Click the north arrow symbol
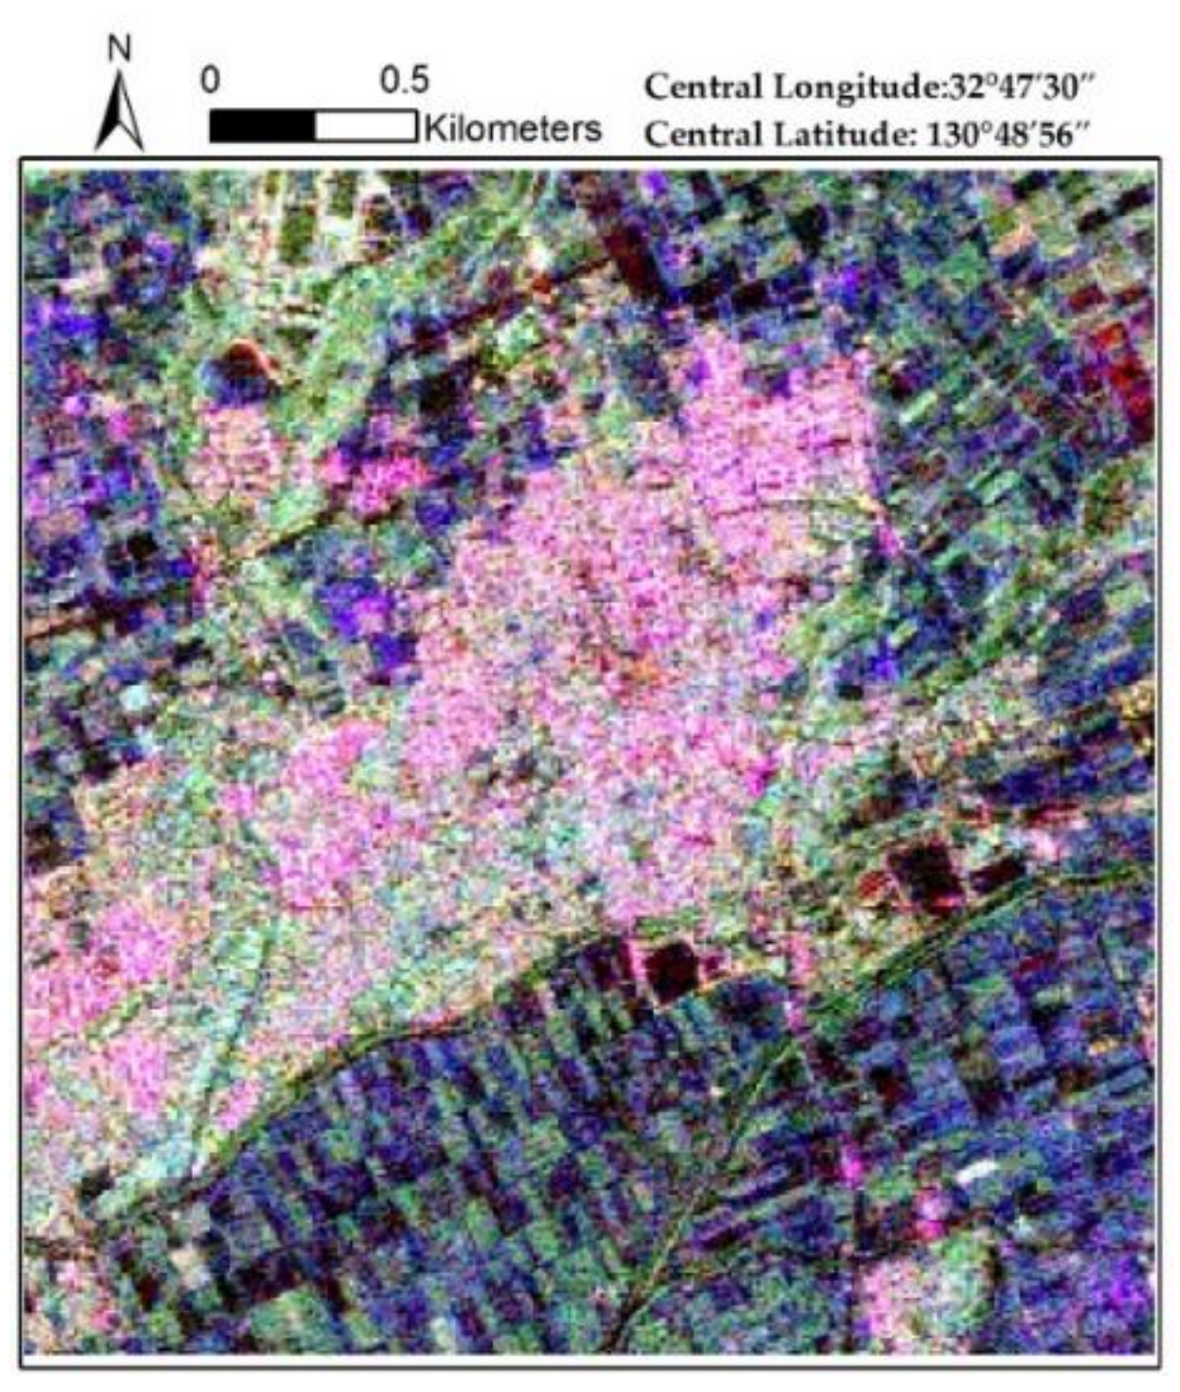(x=120, y=114)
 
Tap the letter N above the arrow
(x=120, y=49)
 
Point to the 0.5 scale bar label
(x=405, y=82)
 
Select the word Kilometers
(x=514, y=127)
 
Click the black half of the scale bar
(x=262, y=126)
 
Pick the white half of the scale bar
(x=365, y=126)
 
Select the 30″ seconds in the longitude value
(x=1076, y=88)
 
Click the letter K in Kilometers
(x=435, y=127)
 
